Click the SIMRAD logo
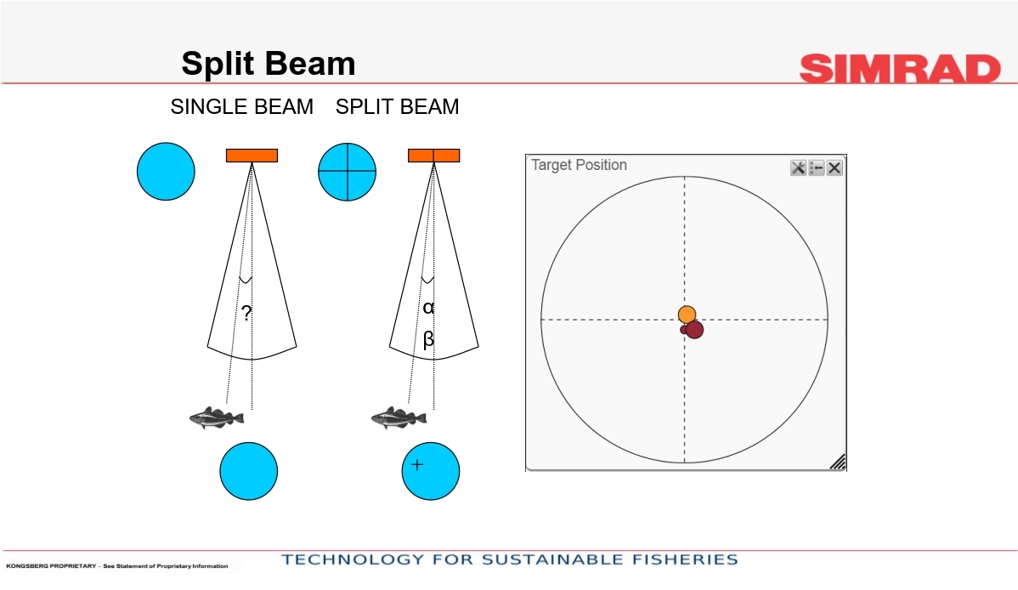(900, 69)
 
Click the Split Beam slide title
(269, 64)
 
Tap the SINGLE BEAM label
(241, 106)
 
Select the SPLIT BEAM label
(398, 106)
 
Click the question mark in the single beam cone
(246, 313)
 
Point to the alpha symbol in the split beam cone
(427, 308)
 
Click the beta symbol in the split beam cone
(427, 339)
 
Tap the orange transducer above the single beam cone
(252, 156)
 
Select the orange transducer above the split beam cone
(433, 156)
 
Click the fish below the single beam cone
(217, 417)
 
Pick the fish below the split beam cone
(399, 417)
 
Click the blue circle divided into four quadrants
(348, 172)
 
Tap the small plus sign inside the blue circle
(417, 464)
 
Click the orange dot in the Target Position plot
(687, 315)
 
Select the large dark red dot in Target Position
(694, 330)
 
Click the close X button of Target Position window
(834, 168)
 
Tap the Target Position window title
(580, 165)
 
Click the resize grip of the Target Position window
(838, 462)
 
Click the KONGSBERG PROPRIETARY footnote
(117, 566)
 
